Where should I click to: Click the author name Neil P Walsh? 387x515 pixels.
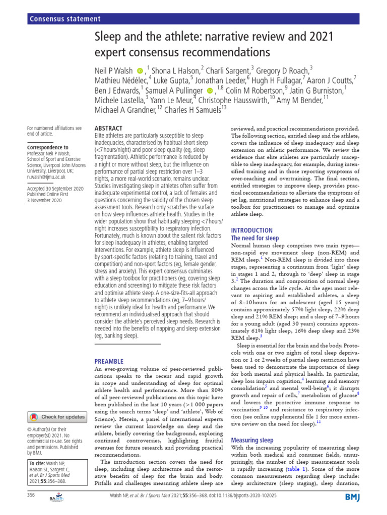click(x=114, y=72)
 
